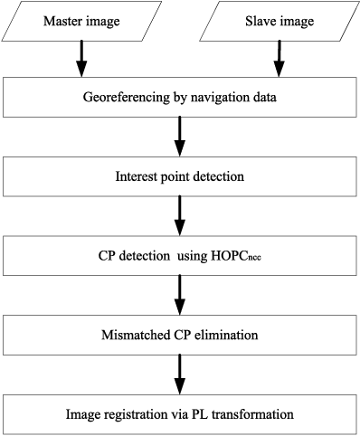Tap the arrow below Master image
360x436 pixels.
pyautogui.click(x=81, y=59)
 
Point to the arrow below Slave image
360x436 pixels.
pyautogui.click(x=279, y=59)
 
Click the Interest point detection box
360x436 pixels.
pyautogui.click(x=181, y=176)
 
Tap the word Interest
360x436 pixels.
pyautogui.click(x=135, y=176)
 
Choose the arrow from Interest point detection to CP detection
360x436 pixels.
pyautogui.click(x=181, y=215)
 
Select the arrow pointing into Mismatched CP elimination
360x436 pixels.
pyautogui.click(x=181, y=294)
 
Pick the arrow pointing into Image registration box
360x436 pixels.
pyautogui.click(x=181, y=374)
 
